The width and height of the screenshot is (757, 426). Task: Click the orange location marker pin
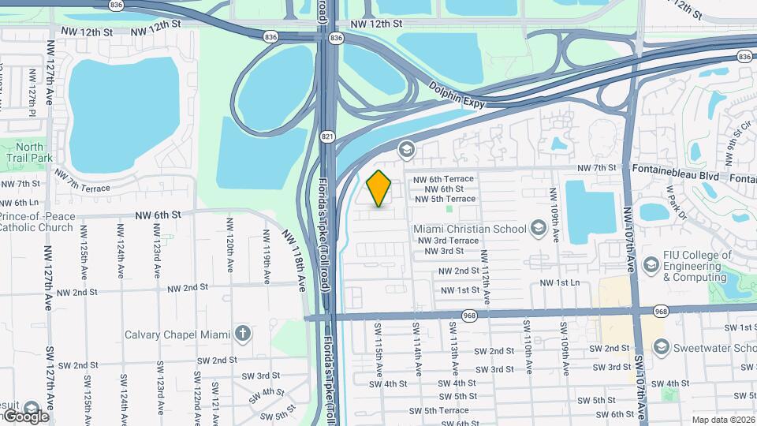pos(379,188)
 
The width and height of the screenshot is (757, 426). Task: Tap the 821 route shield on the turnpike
pos(327,136)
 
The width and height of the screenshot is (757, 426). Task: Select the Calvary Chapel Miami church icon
pos(243,334)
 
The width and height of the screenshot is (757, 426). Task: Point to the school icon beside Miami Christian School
pos(538,229)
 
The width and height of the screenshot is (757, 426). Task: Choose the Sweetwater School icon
pos(661,347)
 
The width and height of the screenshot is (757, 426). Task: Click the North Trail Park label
pos(30,152)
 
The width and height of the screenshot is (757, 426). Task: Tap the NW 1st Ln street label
pos(559,282)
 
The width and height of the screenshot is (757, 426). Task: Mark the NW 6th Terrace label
pos(449,180)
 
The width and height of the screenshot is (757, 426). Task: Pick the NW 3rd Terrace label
pos(448,241)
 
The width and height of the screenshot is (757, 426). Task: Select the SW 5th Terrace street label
pos(446,410)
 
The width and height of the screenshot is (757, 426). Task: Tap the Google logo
pos(25,416)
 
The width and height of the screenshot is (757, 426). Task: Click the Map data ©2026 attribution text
pos(723,420)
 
